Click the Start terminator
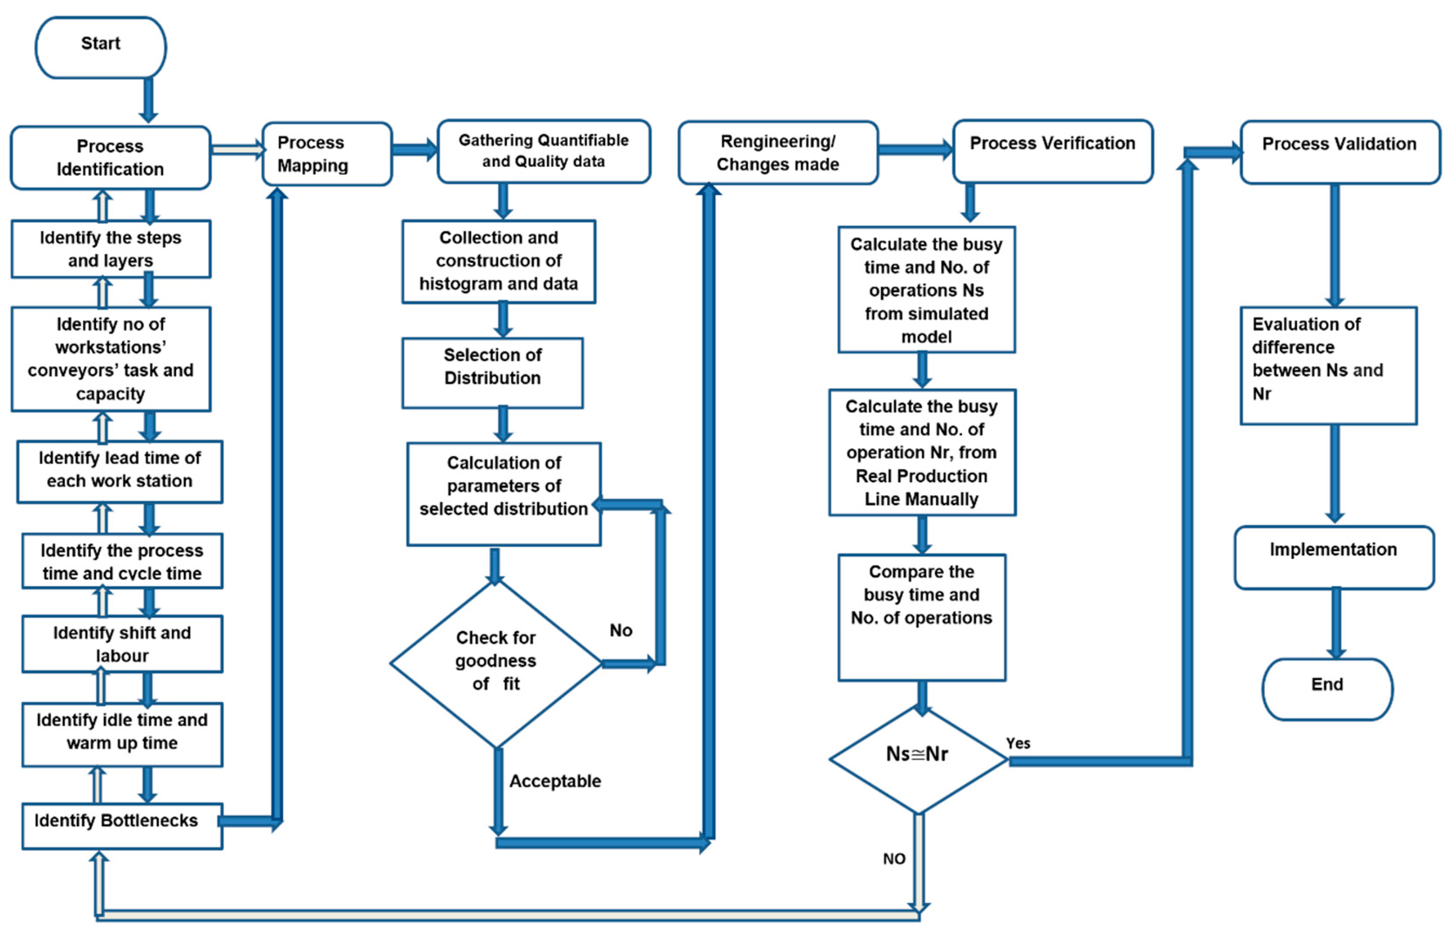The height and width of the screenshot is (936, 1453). pos(101,47)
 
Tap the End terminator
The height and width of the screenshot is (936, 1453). pos(1327,689)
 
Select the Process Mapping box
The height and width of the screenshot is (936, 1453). pos(326,154)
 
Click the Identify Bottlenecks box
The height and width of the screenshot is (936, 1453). pos(121,826)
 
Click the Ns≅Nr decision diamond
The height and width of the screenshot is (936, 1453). pos(918,759)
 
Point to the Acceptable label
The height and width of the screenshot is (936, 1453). pos(554,781)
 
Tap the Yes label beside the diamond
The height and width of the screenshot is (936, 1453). pos(1018,743)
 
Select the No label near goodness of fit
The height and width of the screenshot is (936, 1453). pos(621,630)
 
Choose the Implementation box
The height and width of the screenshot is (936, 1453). pos(1334,556)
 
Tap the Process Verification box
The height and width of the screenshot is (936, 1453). pos(1052,151)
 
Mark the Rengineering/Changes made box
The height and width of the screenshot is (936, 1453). pos(778,153)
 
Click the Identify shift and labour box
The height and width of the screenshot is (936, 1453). pos(121,644)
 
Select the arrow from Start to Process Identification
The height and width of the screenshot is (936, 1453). pos(148,100)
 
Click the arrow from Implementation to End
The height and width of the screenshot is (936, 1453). pos(1336,623)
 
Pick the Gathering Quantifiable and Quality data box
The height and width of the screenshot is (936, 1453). pos(544,151)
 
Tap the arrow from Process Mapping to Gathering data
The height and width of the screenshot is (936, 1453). pos(414,150)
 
